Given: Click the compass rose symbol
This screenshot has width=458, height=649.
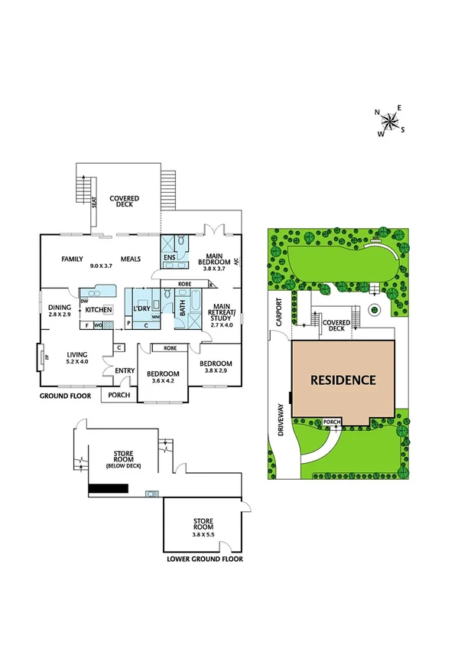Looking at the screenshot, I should click(391, 120).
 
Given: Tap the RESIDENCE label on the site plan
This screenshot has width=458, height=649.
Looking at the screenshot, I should click(343, 379).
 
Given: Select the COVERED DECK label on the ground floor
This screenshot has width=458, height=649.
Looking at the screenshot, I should click(124, 201).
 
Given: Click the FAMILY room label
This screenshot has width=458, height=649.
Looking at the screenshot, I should click(72, 259).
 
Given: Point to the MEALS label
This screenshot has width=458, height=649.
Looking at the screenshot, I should click(129, 259).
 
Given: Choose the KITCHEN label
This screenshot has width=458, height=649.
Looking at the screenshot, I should click(99, 309).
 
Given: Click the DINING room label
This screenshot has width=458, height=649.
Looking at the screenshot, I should click(59, 307).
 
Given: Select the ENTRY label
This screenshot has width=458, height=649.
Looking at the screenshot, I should click(125, 371).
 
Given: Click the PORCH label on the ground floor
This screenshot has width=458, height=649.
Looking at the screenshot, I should click(119, 396).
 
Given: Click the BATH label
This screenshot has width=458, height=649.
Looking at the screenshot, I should click(182, 309).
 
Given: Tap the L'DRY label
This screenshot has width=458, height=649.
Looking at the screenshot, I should click(141, 308).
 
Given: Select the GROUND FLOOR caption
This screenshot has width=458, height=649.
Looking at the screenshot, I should click(65, 396).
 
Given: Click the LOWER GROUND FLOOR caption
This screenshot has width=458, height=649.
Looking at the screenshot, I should click(204, 559).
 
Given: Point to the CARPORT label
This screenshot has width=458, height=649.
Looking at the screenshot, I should click(280, 311).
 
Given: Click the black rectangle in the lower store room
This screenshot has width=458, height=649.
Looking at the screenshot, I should click(108, 488).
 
